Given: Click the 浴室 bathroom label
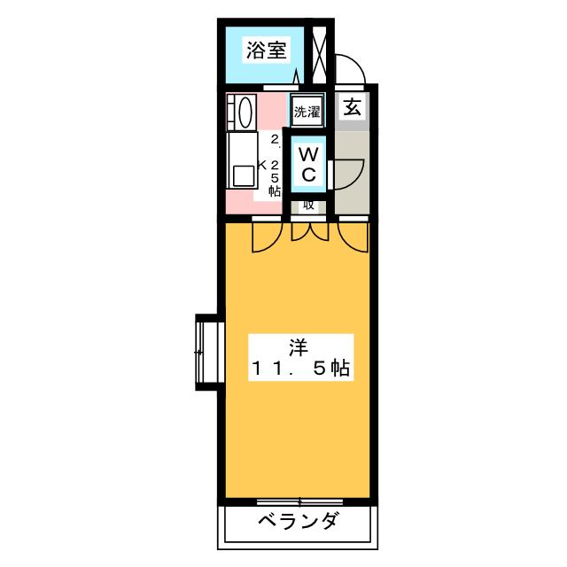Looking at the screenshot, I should [266, 50].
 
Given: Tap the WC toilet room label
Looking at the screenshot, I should [307, 166].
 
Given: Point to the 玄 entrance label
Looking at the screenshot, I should [352, 108].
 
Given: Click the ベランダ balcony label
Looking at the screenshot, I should [298, 521].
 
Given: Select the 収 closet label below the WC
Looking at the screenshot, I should [307, 205].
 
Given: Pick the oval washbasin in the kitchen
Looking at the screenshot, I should [244, 113].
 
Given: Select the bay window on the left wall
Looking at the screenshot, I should [206, 352].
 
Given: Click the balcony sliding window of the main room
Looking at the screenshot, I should [299, 501].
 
